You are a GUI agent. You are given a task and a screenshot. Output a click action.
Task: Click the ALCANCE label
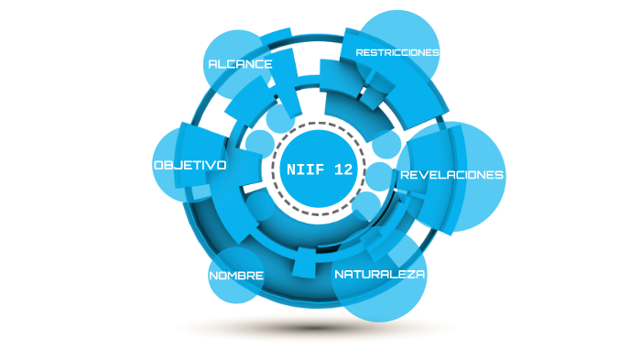click(240, 64)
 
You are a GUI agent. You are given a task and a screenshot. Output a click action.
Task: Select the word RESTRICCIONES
click(397, 52)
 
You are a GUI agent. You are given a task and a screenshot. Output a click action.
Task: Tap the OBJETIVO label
click(190, 165)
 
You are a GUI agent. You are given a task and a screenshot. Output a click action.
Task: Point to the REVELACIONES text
click(451, 174)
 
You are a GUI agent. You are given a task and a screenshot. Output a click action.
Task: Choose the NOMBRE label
click(236, 276)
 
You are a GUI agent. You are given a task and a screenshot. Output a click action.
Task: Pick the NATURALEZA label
click(379, 274)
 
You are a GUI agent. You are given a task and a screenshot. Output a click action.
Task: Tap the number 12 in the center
click(341, 169)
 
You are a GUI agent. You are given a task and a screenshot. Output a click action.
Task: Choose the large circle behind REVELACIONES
click(467, 206)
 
